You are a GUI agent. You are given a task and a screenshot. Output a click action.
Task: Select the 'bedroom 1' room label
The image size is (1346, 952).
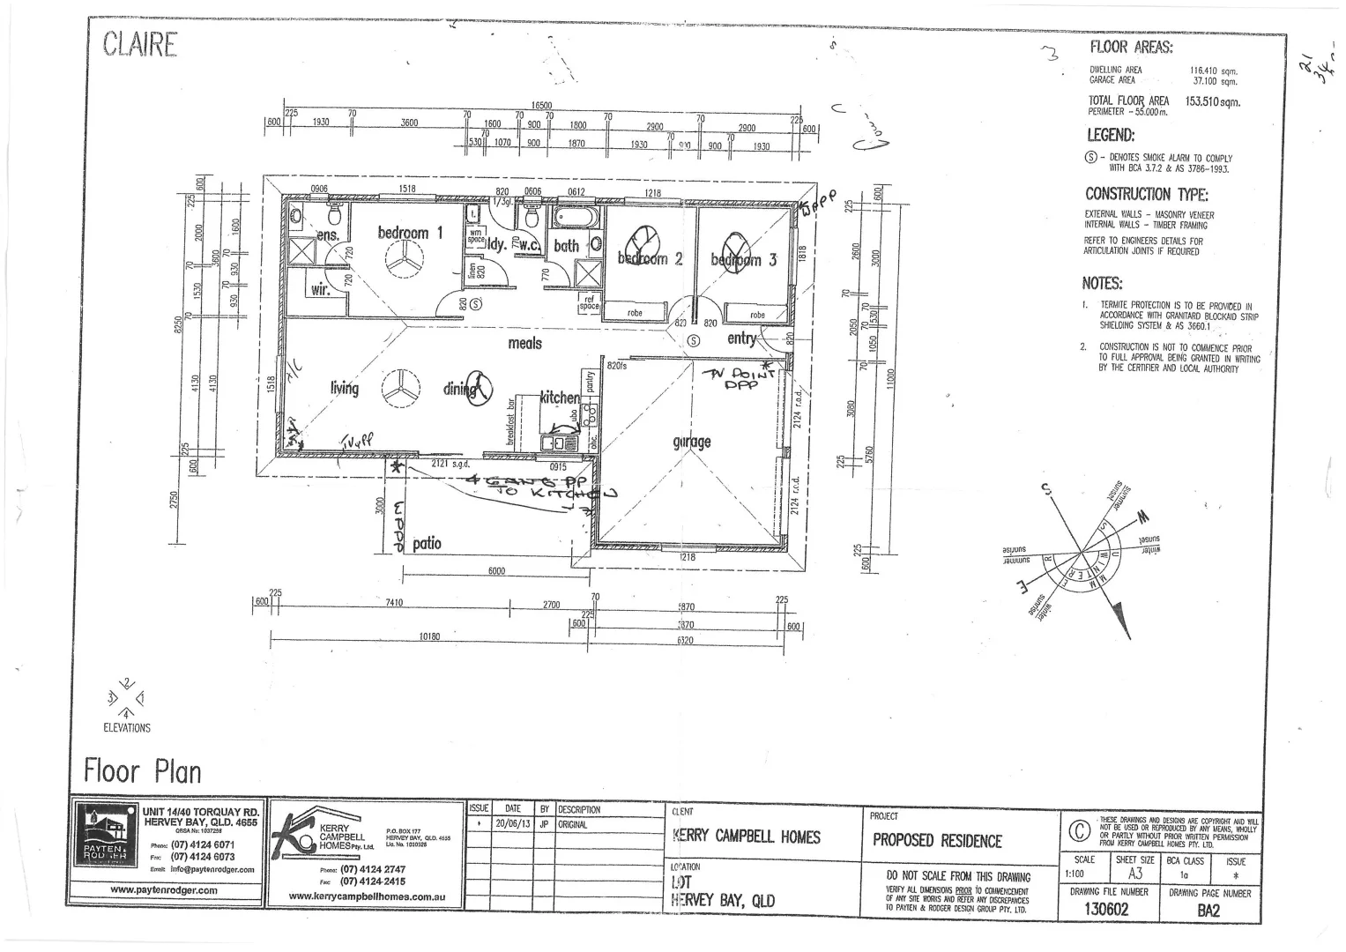click(x=410, y=233)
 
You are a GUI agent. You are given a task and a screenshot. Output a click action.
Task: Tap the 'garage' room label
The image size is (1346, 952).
click(x=691, y=442)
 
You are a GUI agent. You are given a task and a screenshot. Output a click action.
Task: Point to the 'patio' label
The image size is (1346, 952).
click(x=427, y=543)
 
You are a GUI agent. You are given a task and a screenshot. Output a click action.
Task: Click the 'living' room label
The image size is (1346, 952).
click(x=345, y=388)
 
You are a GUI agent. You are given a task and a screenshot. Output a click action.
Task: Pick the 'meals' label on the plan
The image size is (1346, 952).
click(x=524, y=343)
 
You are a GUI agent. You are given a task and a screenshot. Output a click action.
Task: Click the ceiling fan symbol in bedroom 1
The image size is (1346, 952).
click(x=403, y=262)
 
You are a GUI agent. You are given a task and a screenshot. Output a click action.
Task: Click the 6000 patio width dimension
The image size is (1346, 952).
click(x=496, y=571)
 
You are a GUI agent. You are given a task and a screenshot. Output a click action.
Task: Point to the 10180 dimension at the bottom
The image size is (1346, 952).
click(x=430, y=635)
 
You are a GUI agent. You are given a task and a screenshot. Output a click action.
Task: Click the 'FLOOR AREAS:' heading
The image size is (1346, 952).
click(x=1131, y=48)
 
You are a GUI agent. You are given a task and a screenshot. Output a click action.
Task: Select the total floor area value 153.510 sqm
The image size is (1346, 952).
click(x=1212, y=101)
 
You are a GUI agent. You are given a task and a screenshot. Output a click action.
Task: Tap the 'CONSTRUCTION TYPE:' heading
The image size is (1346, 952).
click(x=1146, y=194)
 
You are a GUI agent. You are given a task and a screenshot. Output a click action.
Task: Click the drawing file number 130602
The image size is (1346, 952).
click(x=1105, y=910)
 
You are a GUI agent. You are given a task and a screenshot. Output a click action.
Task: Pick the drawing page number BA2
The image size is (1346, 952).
click(x=1208, y=911)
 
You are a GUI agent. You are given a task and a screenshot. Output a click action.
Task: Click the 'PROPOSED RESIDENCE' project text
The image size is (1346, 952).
click(x=937, y=840)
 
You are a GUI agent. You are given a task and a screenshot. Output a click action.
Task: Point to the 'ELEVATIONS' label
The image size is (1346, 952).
click(x=127, y=728)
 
